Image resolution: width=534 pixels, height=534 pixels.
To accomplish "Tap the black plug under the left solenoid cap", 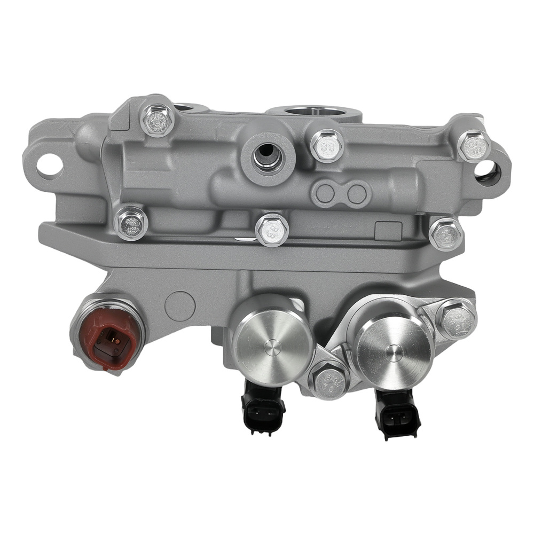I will (x=263, y=408).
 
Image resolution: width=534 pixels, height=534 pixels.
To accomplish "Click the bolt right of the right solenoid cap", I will (x=457, y=320).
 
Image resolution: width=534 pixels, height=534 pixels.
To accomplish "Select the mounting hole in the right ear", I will (x=487, y=171).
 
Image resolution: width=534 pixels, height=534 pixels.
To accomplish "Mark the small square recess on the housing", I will (x=388, y=231).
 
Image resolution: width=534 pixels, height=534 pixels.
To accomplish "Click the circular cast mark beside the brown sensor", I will (x=180, y=306).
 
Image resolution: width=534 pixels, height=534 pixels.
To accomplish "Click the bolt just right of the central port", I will (x=326, y=146).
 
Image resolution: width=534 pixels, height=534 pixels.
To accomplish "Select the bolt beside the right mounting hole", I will (x=473, y=145).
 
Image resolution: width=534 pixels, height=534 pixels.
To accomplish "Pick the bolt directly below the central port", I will (x=272, y=230).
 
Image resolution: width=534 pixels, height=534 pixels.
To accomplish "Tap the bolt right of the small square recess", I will (x=446, y=233).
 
